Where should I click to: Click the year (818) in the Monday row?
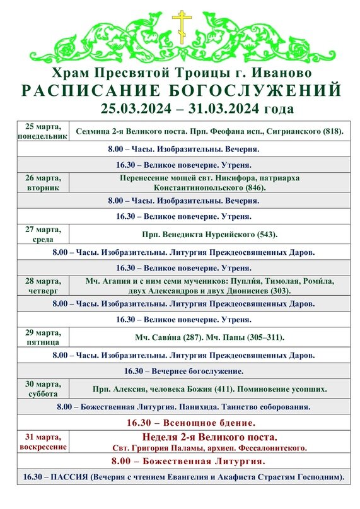click(332, 131)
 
